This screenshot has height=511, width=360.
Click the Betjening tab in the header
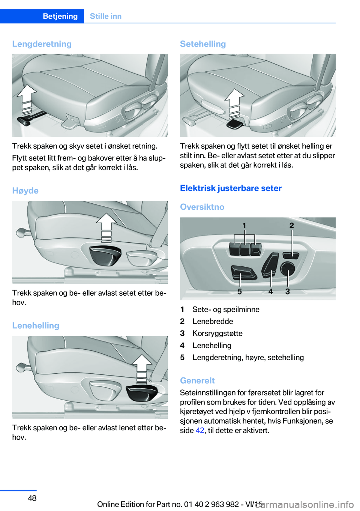click(x=60, y=16)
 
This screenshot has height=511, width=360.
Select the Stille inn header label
click(x=106, y=16)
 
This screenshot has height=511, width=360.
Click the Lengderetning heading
click(x=42, y=44)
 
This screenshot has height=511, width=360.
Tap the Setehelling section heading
click(x=203, y=44)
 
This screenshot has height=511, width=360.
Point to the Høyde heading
click(x=25, y=191)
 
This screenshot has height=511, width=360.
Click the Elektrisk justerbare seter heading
click(x=231, y=188)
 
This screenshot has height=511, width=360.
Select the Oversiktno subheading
click(x=202, y=207)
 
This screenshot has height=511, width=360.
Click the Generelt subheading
click(x=198, y=380)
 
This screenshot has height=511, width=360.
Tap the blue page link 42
click(x=200, y=430)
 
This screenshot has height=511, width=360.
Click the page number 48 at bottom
click(x=32, y=498)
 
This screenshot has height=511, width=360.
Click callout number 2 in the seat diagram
click(x=292, y=225)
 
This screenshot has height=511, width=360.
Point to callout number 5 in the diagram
click(x=240, y=291)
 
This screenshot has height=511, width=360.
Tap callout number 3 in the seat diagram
click(x=288, y=291)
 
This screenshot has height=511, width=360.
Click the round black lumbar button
click(x=288, y=269)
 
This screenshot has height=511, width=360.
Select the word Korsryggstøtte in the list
click(x=217, y=333)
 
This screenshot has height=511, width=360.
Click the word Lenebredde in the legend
click(x=213, y=321)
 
